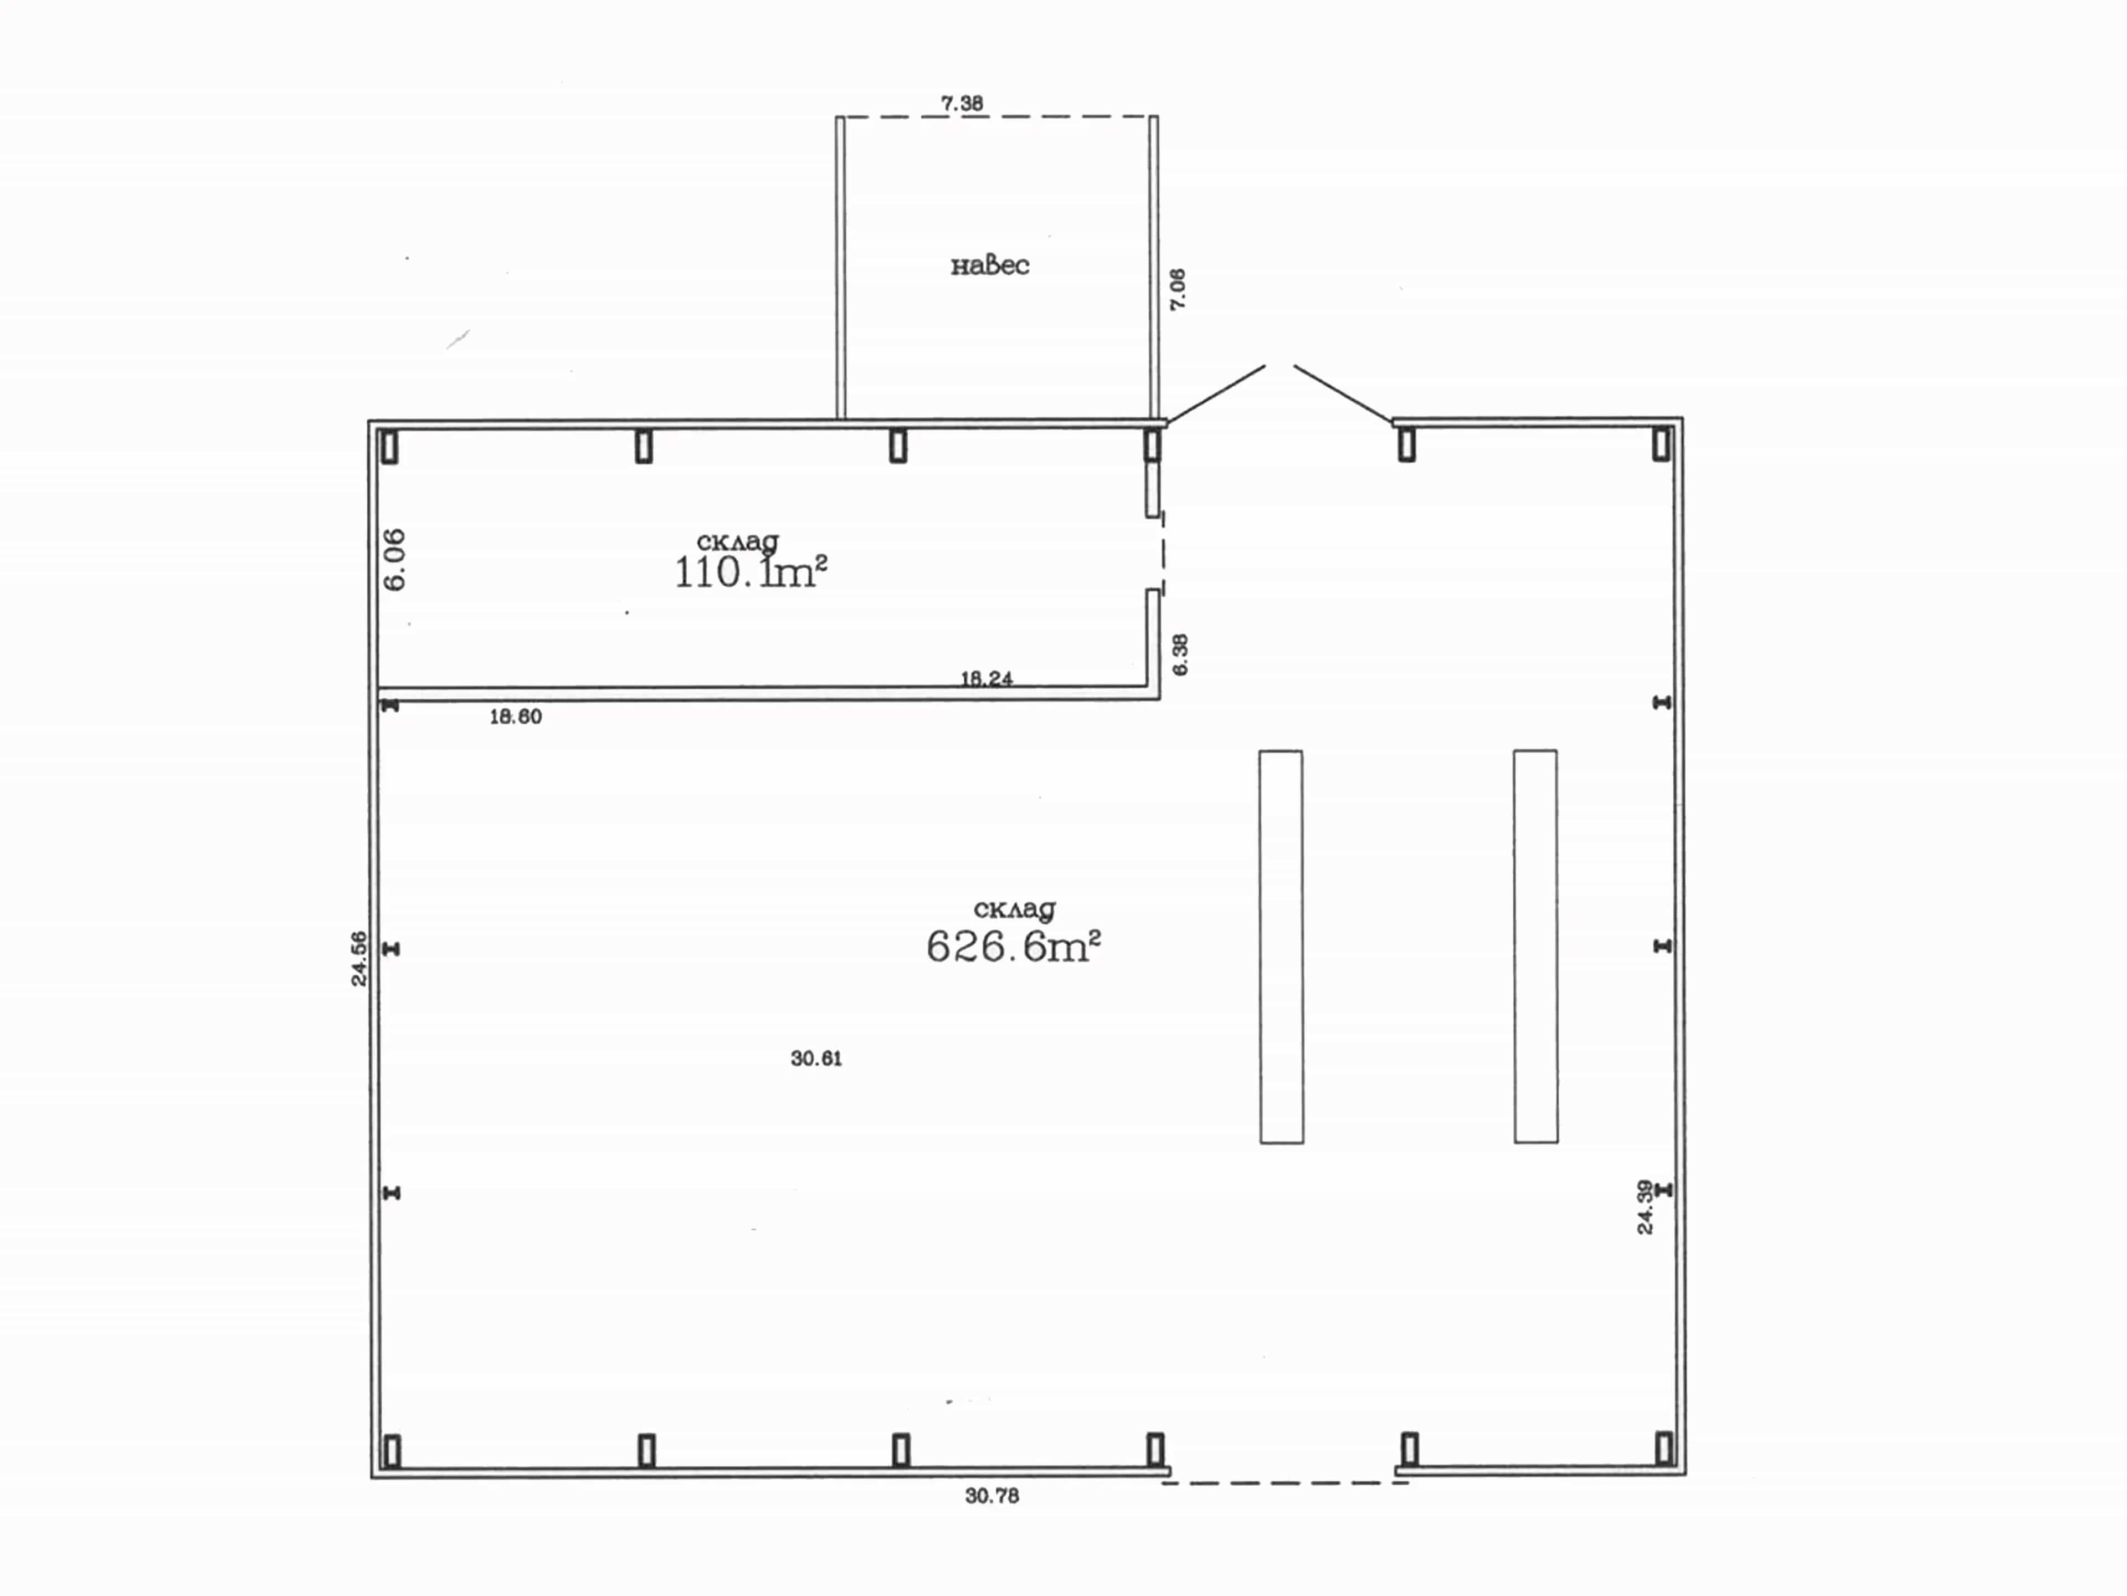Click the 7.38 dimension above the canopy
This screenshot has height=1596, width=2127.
pos(962,103)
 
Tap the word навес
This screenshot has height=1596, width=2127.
pos(989,265)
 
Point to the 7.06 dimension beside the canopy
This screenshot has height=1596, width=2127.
pos(1178,289)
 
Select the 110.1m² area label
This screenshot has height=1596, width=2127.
pos(750,572)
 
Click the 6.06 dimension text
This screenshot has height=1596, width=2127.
pos(394,559)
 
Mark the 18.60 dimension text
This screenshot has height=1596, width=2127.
pos(515,717)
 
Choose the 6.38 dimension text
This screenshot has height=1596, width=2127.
pos(1180,654)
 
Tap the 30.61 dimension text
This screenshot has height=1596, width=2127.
pos(816,1058)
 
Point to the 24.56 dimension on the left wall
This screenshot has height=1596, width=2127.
pos(359,958)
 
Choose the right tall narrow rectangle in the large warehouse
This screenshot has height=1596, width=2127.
pos(1535,947)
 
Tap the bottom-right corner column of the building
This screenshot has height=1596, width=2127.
pos(1663,1448)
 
